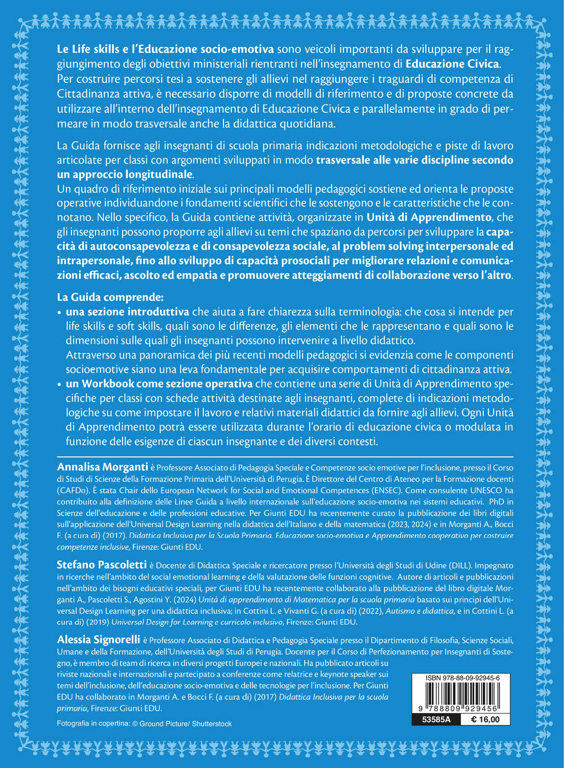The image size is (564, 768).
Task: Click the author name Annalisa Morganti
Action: click(102, 467)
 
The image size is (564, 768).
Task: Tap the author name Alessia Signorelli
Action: click(98, 639)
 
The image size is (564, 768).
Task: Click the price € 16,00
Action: click(485, 720)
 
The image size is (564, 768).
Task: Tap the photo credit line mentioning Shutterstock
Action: click(144, 724)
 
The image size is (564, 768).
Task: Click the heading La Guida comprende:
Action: click(110, 297)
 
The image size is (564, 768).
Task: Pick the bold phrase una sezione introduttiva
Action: click(127, 311)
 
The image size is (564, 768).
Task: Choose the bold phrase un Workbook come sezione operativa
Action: click(159, 383)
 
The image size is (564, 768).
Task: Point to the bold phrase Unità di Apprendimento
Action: click(429, 217)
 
